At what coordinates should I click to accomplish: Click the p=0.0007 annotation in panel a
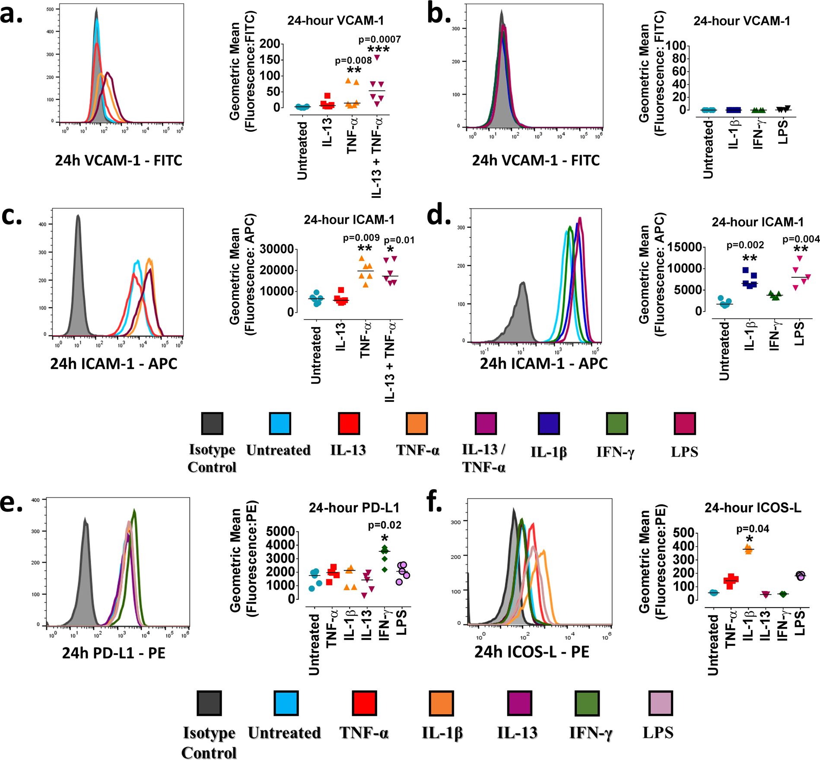pos(379,40)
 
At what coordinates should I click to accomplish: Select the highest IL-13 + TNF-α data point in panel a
pos(377,57)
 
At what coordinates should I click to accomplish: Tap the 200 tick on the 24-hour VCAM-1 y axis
pos(270,44)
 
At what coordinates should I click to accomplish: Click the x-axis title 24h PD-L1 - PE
pos(114,653)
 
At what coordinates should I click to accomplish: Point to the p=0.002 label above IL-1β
pos(745,245)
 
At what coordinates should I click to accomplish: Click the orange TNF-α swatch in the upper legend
pos(416,423)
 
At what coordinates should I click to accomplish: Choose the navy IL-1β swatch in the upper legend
pos(549,423)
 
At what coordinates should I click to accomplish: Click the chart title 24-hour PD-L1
pos(354,508)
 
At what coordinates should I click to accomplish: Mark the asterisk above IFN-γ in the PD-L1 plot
pos(385,538)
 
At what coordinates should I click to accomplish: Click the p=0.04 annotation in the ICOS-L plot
pos(753,529)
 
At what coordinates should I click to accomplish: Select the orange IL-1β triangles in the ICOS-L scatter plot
pos(748,550)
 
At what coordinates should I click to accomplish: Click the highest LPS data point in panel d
pos(800,258)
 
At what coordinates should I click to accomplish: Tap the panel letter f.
pos(435,502)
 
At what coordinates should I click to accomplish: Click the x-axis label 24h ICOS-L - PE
pos(531,652)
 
